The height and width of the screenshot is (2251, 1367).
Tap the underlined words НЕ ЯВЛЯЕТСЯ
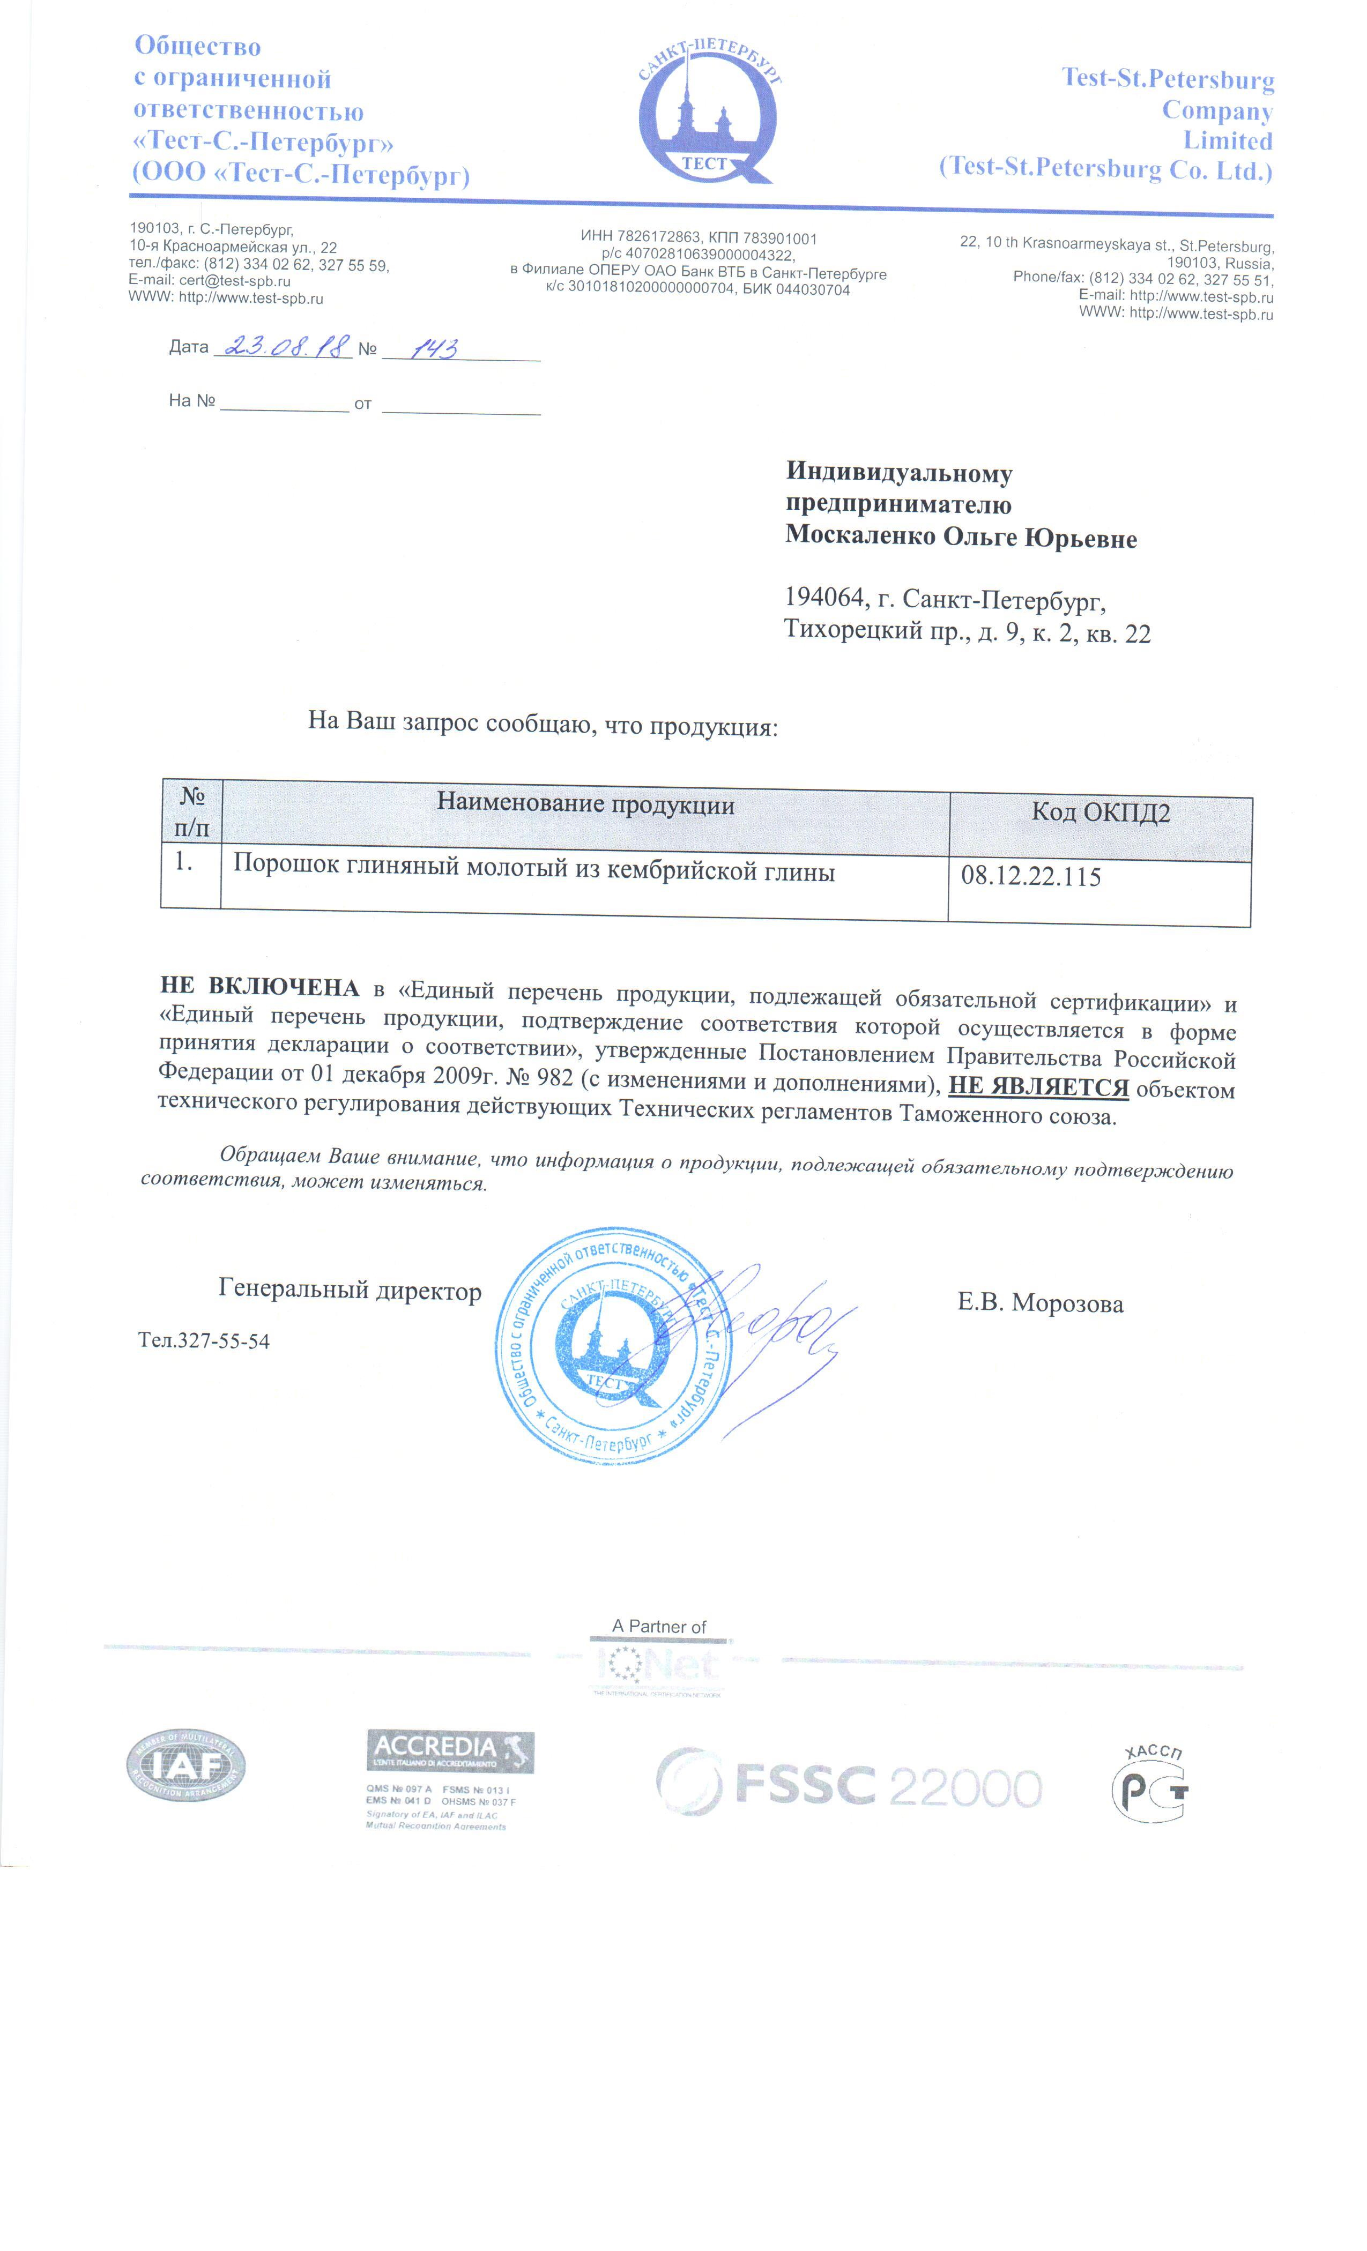pos(1038,1087)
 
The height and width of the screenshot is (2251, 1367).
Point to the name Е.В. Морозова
pos(1040,1303)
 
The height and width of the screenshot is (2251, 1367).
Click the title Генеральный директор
pos(349,1289)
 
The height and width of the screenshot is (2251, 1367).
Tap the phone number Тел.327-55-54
pos(204,1340)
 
